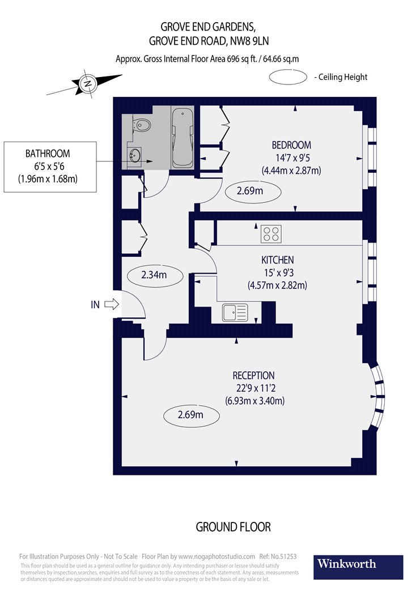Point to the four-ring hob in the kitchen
pyautogui.click(x=271, y=233)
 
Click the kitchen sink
pyautogui.click(x=235, y=312)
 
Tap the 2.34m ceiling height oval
pyautogui.click(x=154, y=275)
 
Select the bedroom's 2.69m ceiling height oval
pyautogui.click(x=253, y=192)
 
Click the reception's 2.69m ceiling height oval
pyautogui.click(x=190, y=415)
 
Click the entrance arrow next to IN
pyautogui.click(x=112, y=304)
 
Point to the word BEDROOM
pyautogui.click(x=291, y=145)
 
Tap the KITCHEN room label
pyautogui.click(x=277, y=260)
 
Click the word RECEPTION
pyautogui.click(x=253, y=376)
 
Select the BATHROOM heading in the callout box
pyautogui.click(x=48, y=154)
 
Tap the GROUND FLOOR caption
pyautogui.click(x=233, y=527)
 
